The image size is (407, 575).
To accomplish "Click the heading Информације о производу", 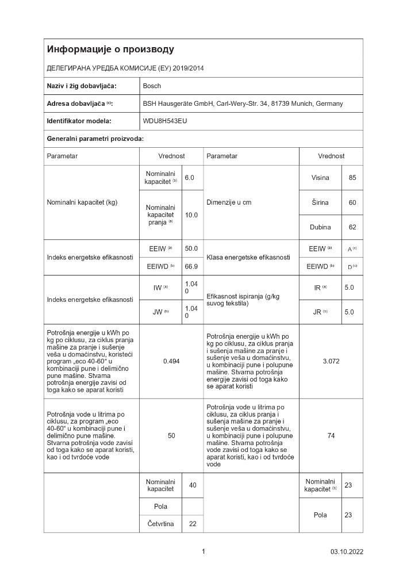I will tap(110, 49).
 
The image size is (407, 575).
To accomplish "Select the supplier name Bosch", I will tap(152, 86).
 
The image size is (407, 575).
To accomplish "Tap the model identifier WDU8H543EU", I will tap(165, 121).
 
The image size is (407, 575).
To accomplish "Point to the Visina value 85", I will tap(352, 178).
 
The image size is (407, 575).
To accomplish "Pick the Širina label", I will tap(320, 202).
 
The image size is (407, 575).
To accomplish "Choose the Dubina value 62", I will tap(352, 227).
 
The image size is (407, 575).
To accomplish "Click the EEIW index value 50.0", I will tap(191, 248).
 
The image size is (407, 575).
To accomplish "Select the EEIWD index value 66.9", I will tap(191, 266).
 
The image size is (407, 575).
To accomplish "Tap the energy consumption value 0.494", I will tap(171, 361).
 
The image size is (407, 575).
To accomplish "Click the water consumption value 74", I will tap(331, 436).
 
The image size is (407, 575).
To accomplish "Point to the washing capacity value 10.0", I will tap(191, 214).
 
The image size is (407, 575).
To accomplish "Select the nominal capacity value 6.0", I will tap(189, 178).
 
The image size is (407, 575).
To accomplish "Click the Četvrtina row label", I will tap(160, 523).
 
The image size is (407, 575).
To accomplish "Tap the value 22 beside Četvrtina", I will tap(193, 523).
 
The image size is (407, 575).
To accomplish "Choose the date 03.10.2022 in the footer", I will tap(347, 553).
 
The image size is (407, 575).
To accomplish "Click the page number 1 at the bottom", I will tap(203, 552).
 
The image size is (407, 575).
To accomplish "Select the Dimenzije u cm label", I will tap(229, 202).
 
